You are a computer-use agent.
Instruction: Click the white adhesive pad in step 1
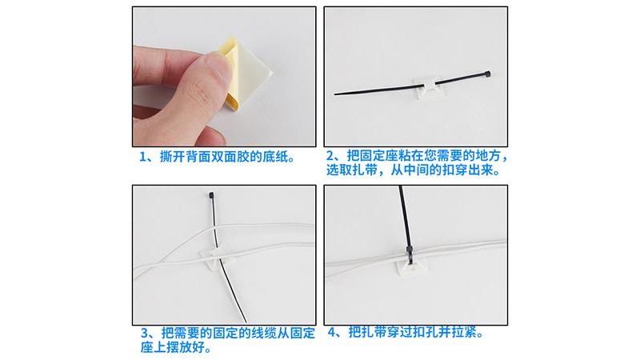[x=252, y=67]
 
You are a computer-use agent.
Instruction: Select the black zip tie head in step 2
[x=486, y=74]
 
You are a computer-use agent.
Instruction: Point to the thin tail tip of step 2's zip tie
[x=336, y=94]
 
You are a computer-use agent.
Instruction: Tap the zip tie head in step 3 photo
[x=211, y=195]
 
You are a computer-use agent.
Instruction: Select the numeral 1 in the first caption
[x=143, y=157]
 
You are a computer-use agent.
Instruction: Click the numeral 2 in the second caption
[x=330, y=155]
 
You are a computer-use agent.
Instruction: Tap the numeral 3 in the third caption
[x=145, y=333]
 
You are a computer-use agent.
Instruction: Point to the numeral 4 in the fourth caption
[x=332, y=332]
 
